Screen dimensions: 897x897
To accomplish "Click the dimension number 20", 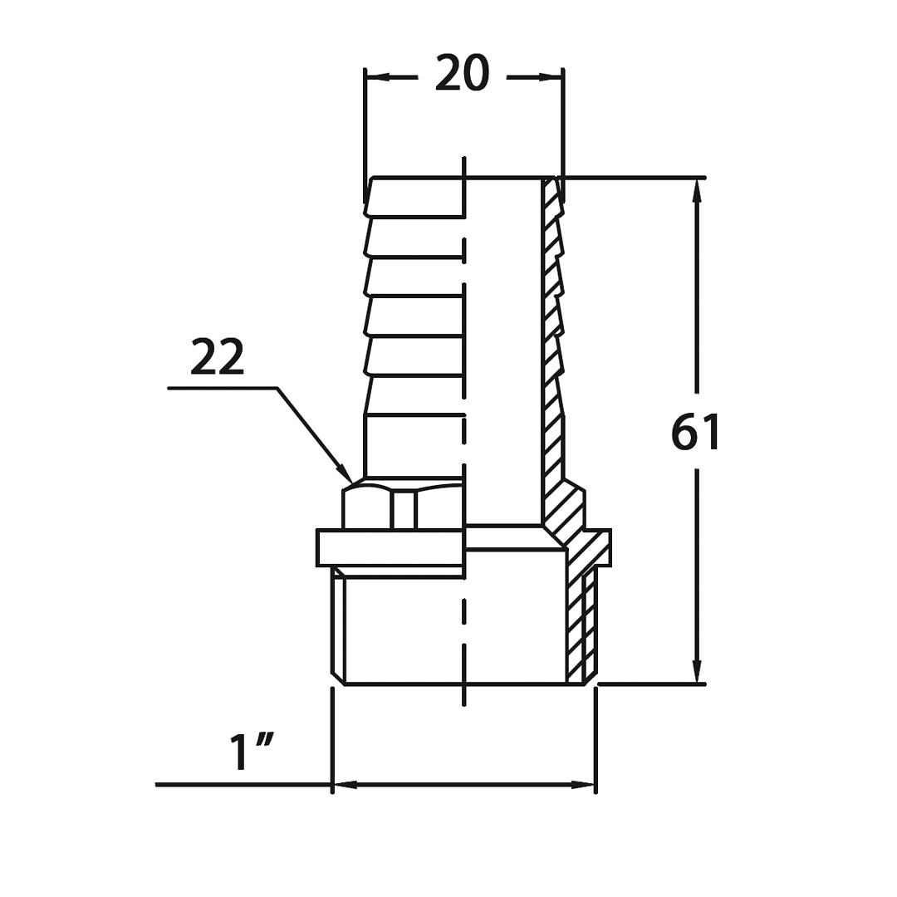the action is [x=463, y=73].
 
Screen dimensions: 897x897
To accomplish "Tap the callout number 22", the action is [x=218, y=357].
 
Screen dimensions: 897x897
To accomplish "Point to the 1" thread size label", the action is [x=251, y=752].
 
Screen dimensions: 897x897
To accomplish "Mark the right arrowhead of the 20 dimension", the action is [x=551, y=76].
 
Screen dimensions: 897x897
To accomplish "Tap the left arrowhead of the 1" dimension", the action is [x=345, y=784].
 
